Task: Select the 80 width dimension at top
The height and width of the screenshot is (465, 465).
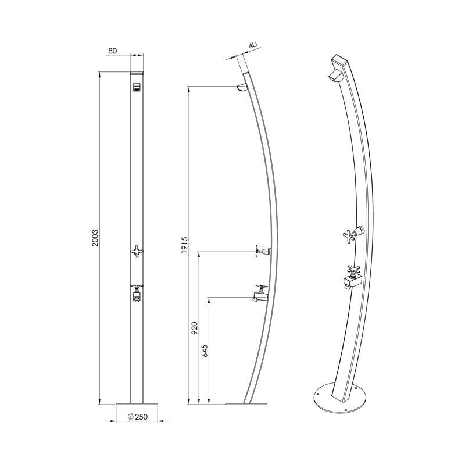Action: [x=113, y=51]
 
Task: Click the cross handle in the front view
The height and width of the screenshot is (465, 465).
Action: [x=137, y=251]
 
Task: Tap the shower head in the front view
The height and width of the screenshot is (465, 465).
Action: [x=137, y=88]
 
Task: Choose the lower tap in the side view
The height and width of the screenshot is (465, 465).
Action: [x=259, y=294]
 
